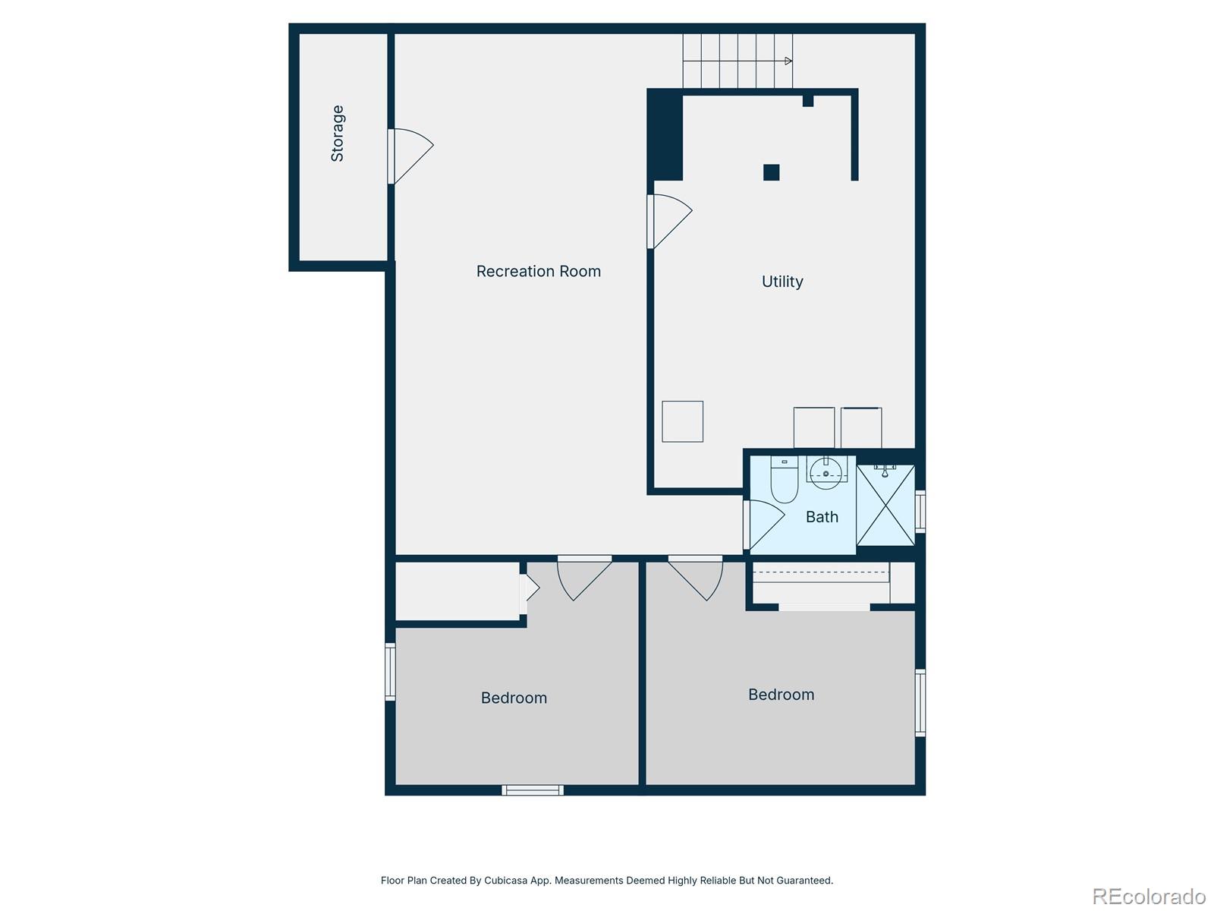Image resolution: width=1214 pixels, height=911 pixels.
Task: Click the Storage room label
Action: click(338, 134)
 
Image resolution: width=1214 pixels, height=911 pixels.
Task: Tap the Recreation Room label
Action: click(538, 271)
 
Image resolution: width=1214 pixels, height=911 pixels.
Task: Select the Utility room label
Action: click(782, 282)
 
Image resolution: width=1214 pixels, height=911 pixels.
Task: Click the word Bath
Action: click(822, 517)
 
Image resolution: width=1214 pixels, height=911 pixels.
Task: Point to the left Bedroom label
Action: click(514, 698)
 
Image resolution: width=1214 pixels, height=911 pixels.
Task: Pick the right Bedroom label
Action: click(781, 695)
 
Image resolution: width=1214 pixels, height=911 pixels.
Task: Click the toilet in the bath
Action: click(784, 481)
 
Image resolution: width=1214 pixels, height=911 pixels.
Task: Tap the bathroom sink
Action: click(826, 473)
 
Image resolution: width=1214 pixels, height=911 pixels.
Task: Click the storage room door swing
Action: click(410, 155)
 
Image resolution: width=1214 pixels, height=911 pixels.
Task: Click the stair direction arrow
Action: click(788, 61)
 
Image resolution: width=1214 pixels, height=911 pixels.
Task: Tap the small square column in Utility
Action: click(771, 172)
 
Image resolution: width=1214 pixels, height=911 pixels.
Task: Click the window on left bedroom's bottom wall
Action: click(533, 790)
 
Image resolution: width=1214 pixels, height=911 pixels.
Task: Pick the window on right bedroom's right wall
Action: click(920, 702)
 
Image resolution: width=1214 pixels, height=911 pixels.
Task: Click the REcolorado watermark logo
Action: click(1149, 897)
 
